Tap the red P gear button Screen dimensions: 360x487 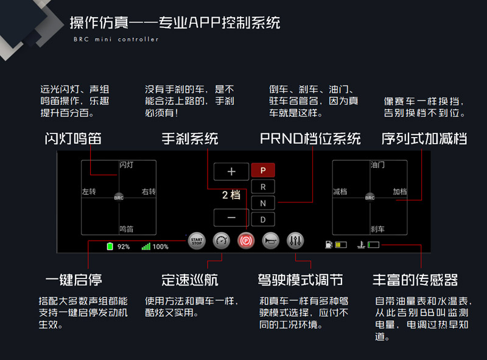click(263, 171)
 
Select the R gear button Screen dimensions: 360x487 click(263, 187)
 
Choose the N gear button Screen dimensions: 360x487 click(263, 203)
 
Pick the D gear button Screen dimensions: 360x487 click(263, 219)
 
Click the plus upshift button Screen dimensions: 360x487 click(231, 172)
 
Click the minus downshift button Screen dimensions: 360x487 click(231, 217)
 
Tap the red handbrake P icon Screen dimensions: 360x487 click(246, 241)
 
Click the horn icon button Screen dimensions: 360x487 click(270, 241)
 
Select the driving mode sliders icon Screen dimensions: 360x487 click(295, 241)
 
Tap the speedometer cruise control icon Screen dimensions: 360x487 click(222, 241)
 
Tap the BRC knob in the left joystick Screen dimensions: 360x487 click(119, 197)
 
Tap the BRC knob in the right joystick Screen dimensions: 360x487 click(370, 197)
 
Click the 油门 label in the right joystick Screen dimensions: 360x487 click(377, 165)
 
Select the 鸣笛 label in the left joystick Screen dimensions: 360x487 click(126, 229)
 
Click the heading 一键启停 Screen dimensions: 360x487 click(74, 280)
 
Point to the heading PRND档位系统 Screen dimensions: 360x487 click(310, 138)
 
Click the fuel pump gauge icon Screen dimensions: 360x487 click(329, 245)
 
